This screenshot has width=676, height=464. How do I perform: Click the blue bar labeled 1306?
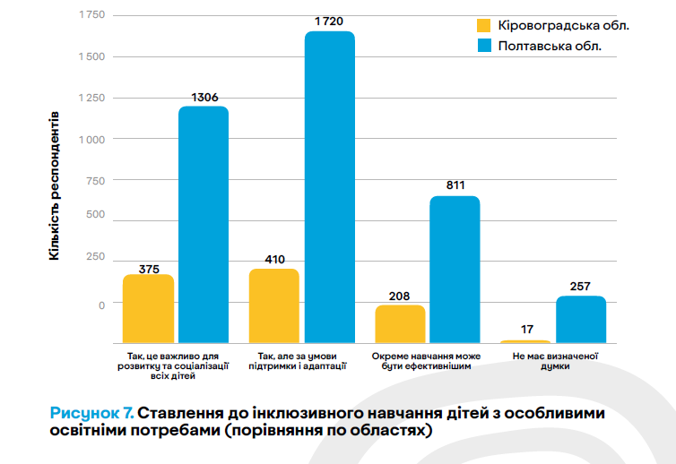click(x=203, y=224)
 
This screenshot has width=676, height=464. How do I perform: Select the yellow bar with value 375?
click(x=148, y=308)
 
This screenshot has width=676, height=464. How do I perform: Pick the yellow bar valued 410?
click(x=273, y=305)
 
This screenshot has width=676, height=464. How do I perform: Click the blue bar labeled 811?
click(x=455, y=269)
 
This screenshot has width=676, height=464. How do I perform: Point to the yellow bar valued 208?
click(x=400, y=323)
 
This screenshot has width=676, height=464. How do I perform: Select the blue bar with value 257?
click(x=581, y=319)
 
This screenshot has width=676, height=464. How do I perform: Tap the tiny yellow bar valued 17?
click(x=525, y=341)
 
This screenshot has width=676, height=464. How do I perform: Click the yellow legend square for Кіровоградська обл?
click(x=483, y=25)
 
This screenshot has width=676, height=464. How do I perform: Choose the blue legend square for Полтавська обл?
click(x=483, y=46)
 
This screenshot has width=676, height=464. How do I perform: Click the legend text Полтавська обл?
click(x=550, y=46)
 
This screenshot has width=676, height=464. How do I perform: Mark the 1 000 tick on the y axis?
click(x=91, y=140)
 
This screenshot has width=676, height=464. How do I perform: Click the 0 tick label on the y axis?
click(x=101, y=305)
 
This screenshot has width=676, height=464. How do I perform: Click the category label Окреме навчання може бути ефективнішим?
click(x=426, y=361)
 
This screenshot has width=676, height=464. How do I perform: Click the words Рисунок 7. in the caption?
click(x=92, y=413)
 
